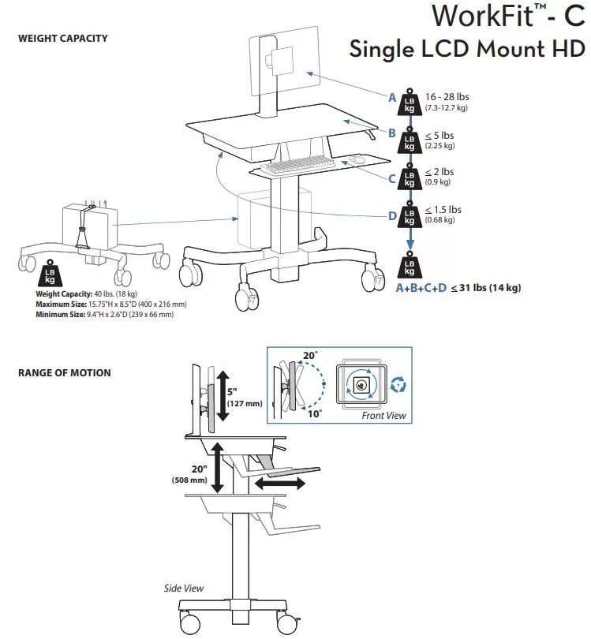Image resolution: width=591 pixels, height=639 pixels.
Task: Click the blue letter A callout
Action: click(392, 98)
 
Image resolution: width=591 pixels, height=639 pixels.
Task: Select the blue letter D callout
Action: click(392, 216)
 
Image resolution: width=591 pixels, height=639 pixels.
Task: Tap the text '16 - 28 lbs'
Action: click(447, 97)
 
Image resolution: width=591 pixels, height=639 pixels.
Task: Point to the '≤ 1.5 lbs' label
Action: click(443, 210)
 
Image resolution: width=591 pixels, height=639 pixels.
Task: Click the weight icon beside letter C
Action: click(410, 177)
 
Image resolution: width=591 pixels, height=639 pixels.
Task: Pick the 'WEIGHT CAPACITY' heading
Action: click(63, 39)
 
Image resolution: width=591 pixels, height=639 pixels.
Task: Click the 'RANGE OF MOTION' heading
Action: click(65, 373)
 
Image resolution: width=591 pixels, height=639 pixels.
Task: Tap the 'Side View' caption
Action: click(183, 588)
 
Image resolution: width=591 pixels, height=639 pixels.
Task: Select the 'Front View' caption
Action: click(384, 415)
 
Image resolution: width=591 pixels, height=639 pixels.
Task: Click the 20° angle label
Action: click(310, 355)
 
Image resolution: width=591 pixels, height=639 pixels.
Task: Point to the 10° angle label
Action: click(314, 414)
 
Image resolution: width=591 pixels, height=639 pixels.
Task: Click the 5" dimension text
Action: click(232, 391)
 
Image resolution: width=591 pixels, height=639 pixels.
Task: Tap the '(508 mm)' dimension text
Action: click(189, 480)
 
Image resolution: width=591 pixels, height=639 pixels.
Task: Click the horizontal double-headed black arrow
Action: click(280, 484)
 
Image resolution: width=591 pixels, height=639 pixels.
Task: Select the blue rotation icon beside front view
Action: click(398, 385)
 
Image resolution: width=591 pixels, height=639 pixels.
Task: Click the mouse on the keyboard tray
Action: click(357, 159)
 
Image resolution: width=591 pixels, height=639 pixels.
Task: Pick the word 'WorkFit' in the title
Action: click(483, 17)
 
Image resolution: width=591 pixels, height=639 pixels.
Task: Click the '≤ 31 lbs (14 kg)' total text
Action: click(486, 288)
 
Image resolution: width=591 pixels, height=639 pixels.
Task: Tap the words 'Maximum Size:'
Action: click(61, 304)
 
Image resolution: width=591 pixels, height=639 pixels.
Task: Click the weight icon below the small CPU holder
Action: click(50, 273)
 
